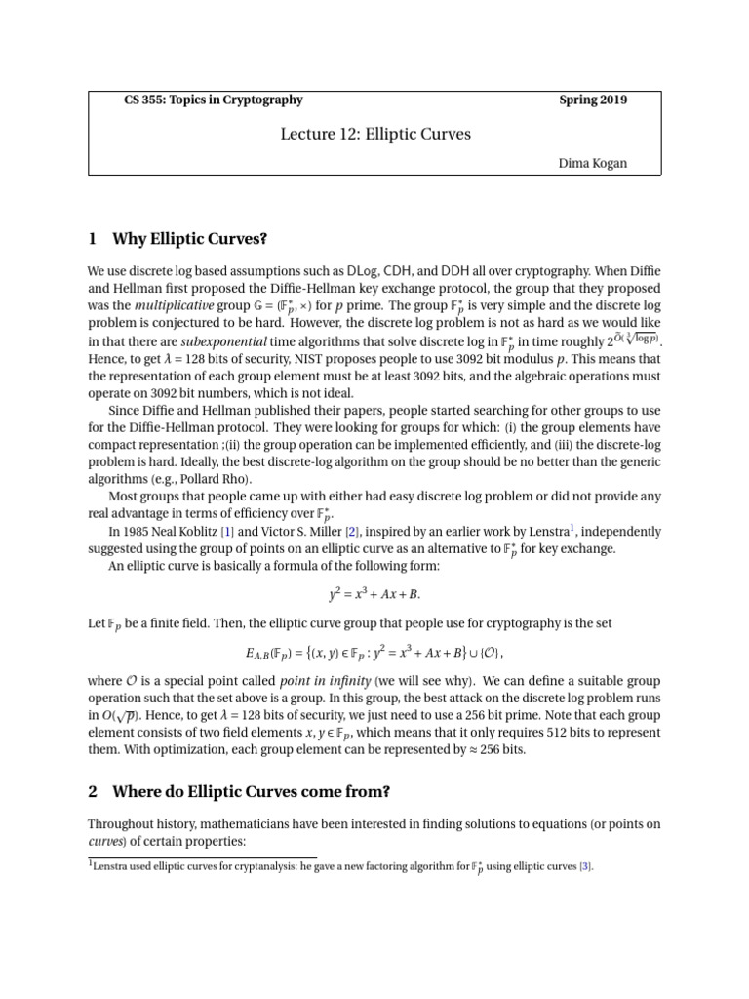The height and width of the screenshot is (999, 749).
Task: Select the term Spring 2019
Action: click(x=593, y=100)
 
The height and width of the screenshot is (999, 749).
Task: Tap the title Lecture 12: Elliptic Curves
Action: click(x=374, y=133)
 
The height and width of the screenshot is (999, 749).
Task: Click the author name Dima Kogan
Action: click(x=592, y=163)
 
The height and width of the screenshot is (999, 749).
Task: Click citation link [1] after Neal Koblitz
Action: click(x=227, y=532)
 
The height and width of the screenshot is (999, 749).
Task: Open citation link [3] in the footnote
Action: click(x=584, y=865)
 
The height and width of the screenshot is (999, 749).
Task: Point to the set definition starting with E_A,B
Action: click(x=374, y=651)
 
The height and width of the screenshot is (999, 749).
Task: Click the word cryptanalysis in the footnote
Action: click(x=229, y=865)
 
